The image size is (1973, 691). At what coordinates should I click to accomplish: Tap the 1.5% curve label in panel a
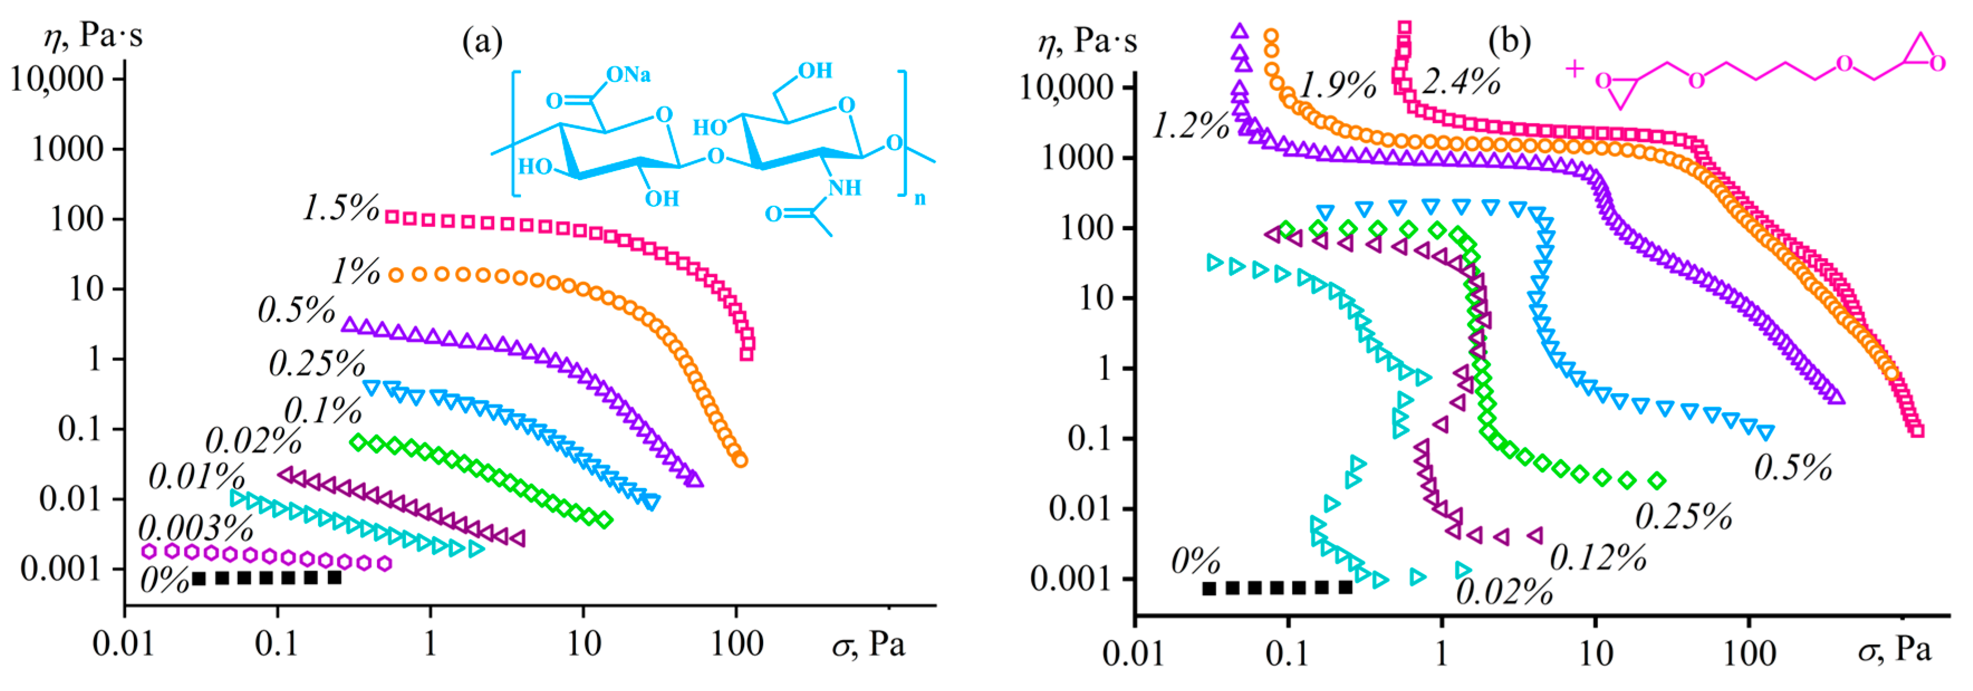341,207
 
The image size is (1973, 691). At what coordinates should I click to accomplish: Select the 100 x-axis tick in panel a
736,644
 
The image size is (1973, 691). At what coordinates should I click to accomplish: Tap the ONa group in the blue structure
628,74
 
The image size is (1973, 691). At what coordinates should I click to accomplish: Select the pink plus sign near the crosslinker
1574,69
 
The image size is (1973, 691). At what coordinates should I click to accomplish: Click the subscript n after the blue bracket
919,199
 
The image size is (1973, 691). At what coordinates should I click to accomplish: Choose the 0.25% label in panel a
316,363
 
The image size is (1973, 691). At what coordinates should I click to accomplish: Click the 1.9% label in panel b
1337,84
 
